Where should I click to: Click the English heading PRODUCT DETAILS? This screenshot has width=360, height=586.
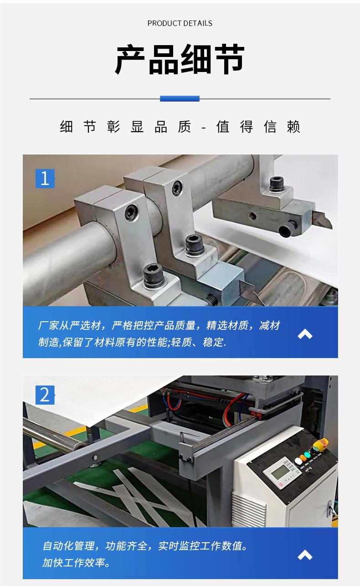click(180, 23)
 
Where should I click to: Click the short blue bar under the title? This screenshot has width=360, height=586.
click(180, 98)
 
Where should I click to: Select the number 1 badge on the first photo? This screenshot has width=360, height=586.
click(45, 178)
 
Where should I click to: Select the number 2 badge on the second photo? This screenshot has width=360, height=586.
click(45, 395)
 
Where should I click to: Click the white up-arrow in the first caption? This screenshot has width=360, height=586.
click(305, 334)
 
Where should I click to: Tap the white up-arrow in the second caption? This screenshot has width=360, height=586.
click(305, 555)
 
